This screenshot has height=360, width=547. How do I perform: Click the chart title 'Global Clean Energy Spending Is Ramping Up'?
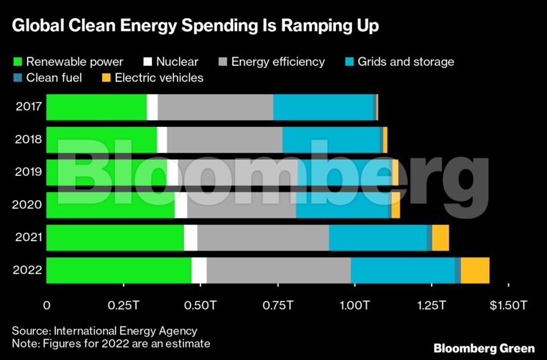pyautogui.click(x=195, y=26)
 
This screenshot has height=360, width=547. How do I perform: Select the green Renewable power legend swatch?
pyautogui.click(x=18, y=62)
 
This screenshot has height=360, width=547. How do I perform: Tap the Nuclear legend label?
pyautogui.click(x=177, y=62)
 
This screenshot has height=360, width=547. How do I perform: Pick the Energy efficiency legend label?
pyautogui.click(x=278, y=62)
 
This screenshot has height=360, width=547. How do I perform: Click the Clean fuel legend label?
pyautogui.click(x=54, y=77)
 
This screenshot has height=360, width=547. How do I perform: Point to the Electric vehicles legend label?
pyautogui.click(x=159, y=77)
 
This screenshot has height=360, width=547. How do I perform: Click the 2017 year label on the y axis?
pyautogui.click(x=28, y=107)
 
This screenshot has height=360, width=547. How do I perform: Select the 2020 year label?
pyautogui.click(x=28, y=205)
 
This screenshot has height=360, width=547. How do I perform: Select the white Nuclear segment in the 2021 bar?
pyautogui.click(x=190, y=238)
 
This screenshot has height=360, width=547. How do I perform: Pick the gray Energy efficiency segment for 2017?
pyautogui.click(x=215, y=107)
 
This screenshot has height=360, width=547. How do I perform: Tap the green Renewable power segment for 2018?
pyautogui.click(x=101, y=140)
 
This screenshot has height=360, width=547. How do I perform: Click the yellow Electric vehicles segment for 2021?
pyautogui.click(x=440, y=238)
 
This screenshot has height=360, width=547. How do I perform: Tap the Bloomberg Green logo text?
pyautogui.click(x=484, y=348)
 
